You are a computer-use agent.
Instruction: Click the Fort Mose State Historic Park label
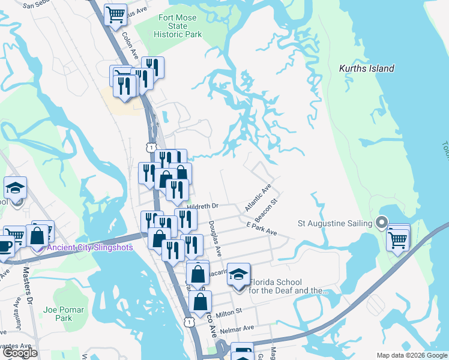coord(177,26)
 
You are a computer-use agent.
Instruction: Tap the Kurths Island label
coord(366,68)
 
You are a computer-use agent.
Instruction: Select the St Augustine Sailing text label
coord(336,224)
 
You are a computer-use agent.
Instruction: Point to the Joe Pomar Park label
coord(64,314)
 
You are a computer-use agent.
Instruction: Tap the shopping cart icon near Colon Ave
coord(116,14)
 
